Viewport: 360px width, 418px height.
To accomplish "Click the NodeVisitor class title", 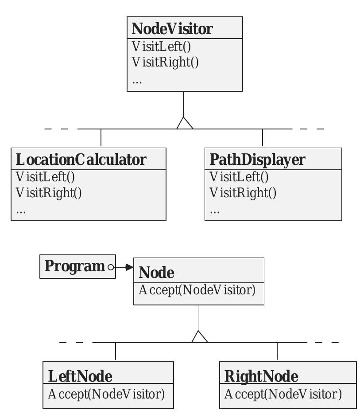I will [x=172, y=28].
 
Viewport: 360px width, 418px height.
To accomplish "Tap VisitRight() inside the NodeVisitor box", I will [x=165, y=62].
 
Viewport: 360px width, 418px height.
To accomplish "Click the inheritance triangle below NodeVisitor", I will [x=185, y=123].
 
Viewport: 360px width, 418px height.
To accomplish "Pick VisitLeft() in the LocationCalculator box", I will [x=45, y=176].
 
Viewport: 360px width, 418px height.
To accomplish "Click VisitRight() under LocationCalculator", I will [x=49, y=193].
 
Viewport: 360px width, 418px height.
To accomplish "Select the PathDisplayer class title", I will [x=257, y=159].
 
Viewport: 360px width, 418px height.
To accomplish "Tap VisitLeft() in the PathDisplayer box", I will [x=239, y=176].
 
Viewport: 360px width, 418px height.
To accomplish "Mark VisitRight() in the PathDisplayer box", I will [x=243, y=193].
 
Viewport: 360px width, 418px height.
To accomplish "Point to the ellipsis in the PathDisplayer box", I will [x=214, y=211].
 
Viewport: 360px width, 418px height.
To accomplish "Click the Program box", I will [x=75, y=266].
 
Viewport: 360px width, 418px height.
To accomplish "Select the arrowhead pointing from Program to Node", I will [x=129, y=267].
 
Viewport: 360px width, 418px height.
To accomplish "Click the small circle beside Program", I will [x=111, y=267].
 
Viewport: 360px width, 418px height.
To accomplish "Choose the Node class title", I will [x=157, y=272].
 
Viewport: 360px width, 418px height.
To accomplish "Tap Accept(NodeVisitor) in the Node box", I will [x=197, y=290].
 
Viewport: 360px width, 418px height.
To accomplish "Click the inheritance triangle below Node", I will [x=200, y=337].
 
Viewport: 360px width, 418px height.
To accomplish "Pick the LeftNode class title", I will [x=80, y=376].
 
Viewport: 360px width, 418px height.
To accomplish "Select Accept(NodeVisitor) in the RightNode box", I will [x=283, y=394].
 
